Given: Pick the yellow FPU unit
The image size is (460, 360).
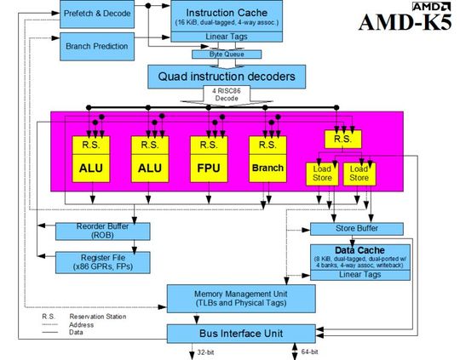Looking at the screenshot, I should (206, 169).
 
